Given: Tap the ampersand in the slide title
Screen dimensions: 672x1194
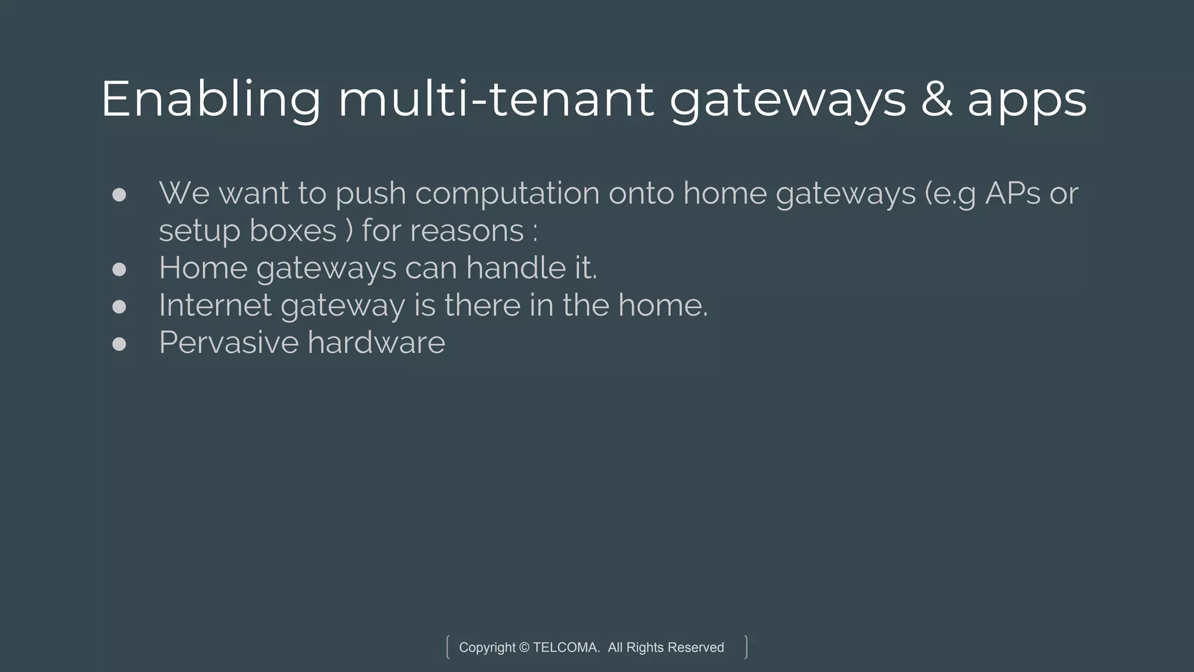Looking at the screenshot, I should coord(936,99).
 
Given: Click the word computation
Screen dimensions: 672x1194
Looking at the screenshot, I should coord(507,194).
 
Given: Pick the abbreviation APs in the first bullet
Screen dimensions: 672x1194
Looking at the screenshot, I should coord(1013,193).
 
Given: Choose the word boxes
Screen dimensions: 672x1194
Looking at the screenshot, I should coord(293,230).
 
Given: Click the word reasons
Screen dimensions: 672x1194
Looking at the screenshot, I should coord(467,231).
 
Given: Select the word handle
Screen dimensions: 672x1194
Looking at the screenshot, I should coord(516,268).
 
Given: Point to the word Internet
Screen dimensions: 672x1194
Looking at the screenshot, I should coord(215,305).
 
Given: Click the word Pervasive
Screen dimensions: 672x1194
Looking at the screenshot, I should coord(228,342).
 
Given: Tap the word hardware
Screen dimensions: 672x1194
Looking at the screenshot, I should coord(377,342).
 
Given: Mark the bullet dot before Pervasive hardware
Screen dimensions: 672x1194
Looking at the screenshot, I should coord(119,344).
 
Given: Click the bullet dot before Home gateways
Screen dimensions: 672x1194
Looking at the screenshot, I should coord(119,269).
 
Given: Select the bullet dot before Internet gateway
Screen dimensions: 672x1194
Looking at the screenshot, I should coord(119,307).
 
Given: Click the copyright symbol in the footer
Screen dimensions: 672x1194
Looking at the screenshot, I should coord(524,647).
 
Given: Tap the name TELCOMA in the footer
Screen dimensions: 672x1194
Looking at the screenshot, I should coord(566,647).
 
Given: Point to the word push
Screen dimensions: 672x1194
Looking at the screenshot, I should coord(370,194).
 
